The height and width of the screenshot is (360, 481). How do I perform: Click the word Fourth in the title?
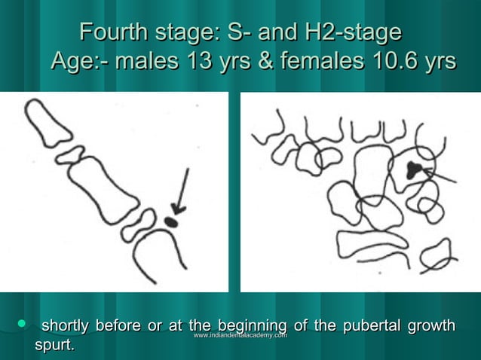pyautogui.click(x=107, y=34)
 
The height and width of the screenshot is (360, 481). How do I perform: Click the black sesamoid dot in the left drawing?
pyautogui.click(x=170, y=221)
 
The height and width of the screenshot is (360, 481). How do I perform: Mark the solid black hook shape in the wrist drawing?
pyautogui.click(x=412, y=170)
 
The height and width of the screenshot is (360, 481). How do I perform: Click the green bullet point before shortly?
pyautogui.click(x=22, y=324)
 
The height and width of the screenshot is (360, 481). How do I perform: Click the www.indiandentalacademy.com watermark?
pyautogui.click(x=240, y=334)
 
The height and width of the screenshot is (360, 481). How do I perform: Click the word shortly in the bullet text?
pyautogui.click(x=64, y=326)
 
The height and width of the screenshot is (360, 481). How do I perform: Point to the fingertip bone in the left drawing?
pyautogui.click(x=47, y=122)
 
